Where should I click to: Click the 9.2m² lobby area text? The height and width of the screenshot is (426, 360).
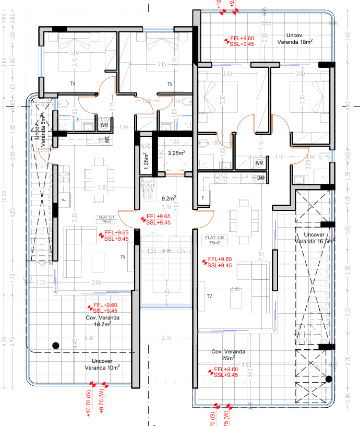tap(169, 198)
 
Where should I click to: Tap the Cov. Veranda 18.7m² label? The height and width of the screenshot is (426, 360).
tap(102, 321)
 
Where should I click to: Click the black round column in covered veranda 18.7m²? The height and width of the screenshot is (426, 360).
tap(55, 344)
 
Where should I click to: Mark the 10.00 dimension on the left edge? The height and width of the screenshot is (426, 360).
tap(5, 198)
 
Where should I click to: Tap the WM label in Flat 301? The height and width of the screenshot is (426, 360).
tap(104, 125)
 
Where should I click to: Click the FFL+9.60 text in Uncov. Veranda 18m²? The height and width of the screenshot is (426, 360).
tap(242, 39)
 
